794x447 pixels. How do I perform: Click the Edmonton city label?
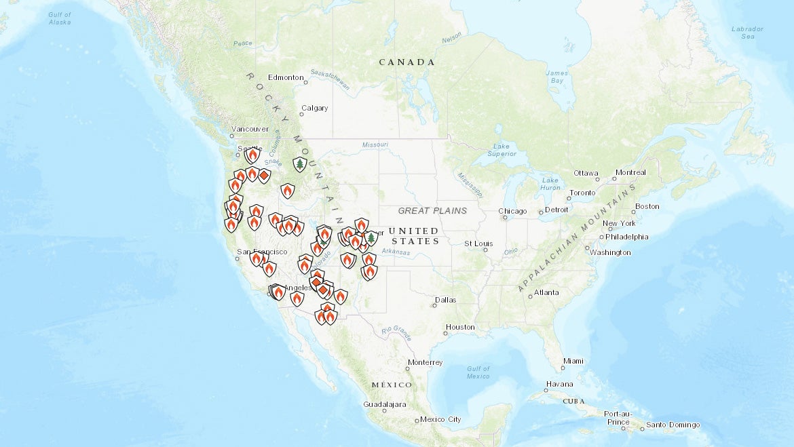tap(285, 77)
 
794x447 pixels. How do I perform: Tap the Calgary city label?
tap(314, 108)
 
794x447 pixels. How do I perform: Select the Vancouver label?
tap(250, 129)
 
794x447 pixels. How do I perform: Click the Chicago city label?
tap(513, 211)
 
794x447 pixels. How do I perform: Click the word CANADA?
tap(407, 62)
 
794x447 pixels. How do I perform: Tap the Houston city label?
tap(460, 327)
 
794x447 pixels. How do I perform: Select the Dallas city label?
tap(446, 299)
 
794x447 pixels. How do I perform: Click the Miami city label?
tap(573, 360)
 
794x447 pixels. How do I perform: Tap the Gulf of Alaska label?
tap(60, 18)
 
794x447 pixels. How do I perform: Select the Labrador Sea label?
tap(747, 33)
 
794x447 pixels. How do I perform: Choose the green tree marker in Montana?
tap(299, 164)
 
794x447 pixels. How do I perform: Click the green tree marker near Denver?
tap(371, 238)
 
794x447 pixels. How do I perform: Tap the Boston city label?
tap(647, 206)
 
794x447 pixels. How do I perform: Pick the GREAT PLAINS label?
tap(432, 211)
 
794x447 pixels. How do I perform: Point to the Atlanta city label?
tap(546, 292)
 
